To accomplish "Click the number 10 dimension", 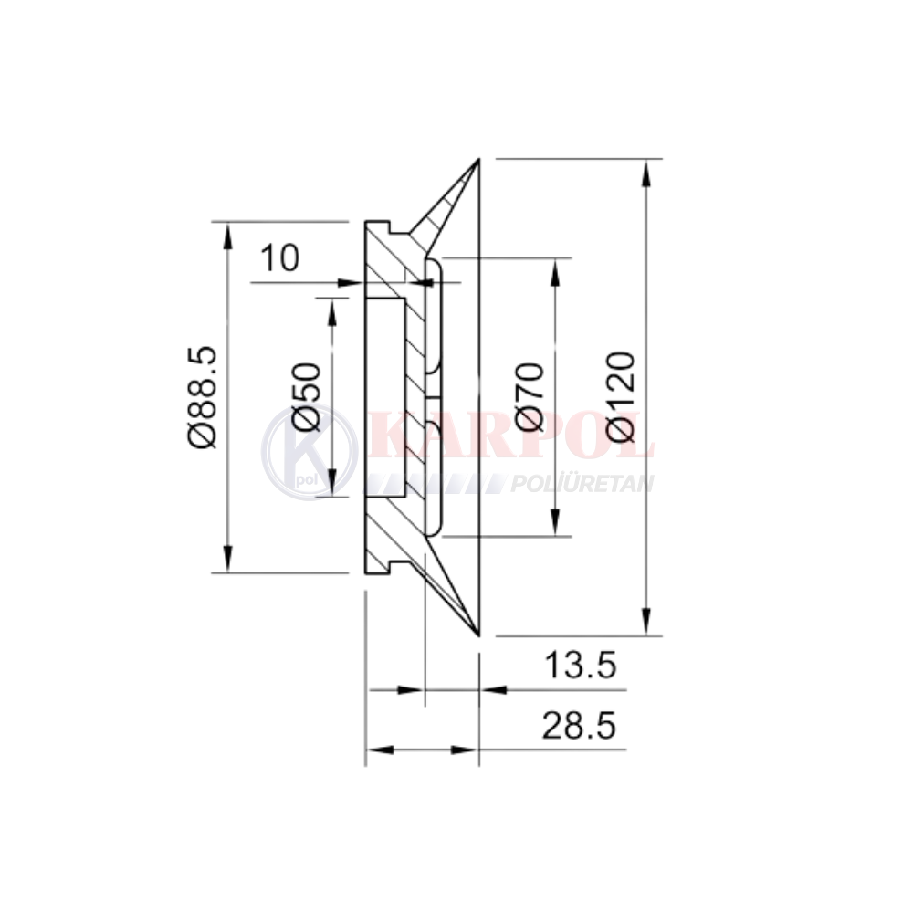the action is coord(279,258).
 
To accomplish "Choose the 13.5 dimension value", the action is coord(580,665).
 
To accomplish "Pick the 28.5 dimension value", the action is coord(579,726).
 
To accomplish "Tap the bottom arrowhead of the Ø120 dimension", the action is coord(645,621).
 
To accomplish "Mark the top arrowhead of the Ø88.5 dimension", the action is coord(228,236).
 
